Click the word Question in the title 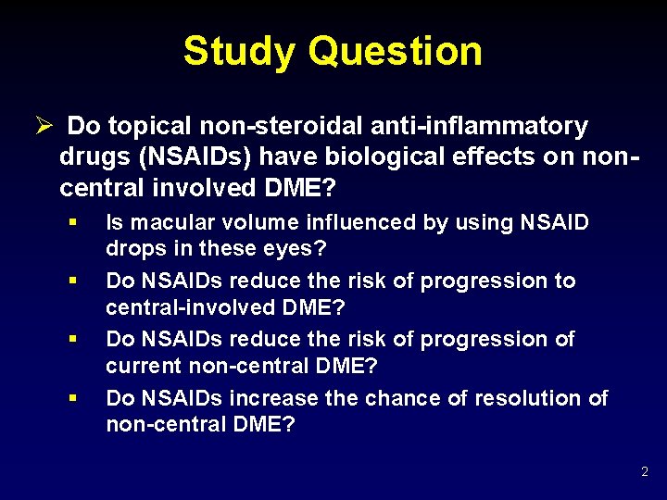[396, 51]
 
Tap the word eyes [300, 248]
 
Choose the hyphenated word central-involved [177, 306]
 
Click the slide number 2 [645, 472]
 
